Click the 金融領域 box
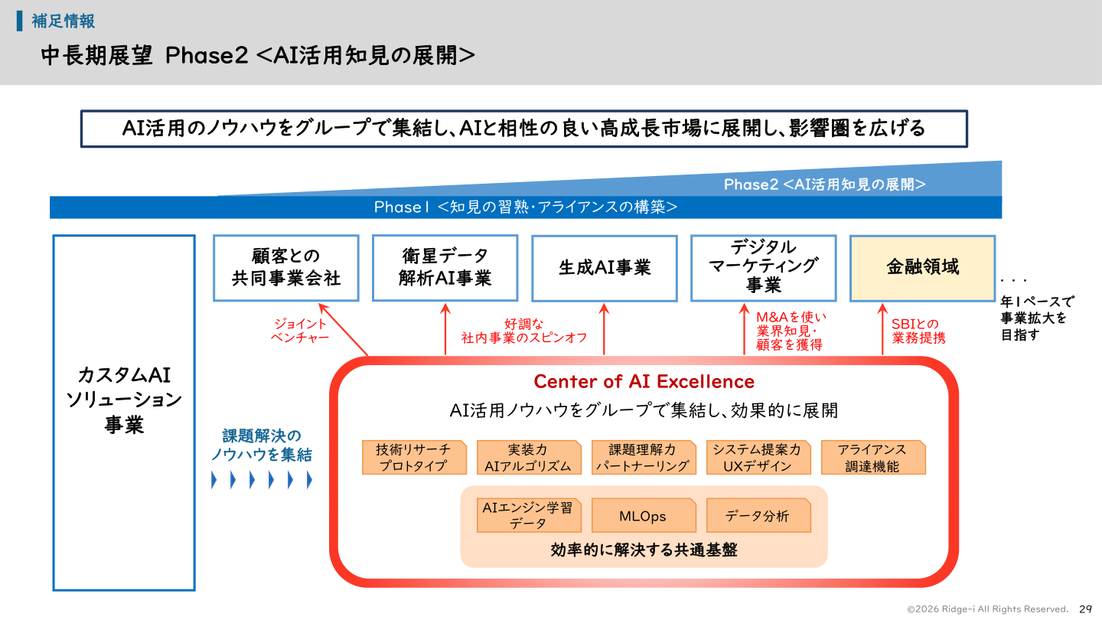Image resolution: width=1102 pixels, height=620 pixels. click(x=922, y=267)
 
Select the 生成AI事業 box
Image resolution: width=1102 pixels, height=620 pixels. click(x=604, y=267)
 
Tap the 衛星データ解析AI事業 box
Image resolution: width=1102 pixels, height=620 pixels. click(x=445, y=267)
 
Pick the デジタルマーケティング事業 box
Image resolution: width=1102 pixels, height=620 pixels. click(x=763, y=267)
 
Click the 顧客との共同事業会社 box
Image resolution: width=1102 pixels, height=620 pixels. click(x=285, y=267)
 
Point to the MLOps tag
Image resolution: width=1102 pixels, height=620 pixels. click(x=643, y=516)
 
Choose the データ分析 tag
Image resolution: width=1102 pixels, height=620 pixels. click(x=757, y=516)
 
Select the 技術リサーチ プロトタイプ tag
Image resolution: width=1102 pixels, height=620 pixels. click(x=413, y=458)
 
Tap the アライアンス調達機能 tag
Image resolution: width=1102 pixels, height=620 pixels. click(x=872, y=458)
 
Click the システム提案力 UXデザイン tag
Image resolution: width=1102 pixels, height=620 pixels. click(x=757, y=458)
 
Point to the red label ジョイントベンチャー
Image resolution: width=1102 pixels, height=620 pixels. click(x=300, y=331)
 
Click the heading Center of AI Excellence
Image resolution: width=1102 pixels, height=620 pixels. click(x=644, y=381)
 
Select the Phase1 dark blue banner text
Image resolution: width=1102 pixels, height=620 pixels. click(x=525, y=207)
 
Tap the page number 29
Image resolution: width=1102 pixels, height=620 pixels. click(x=1085, y=609)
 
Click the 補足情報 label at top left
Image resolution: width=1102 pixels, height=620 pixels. click(x=63, y=21)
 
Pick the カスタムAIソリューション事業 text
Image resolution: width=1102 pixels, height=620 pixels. click(x=124, y=400)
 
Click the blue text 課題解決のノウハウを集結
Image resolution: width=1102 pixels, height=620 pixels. click(x=262, y=445)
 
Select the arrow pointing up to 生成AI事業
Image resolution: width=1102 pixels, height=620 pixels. click(x=604, y=329)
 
